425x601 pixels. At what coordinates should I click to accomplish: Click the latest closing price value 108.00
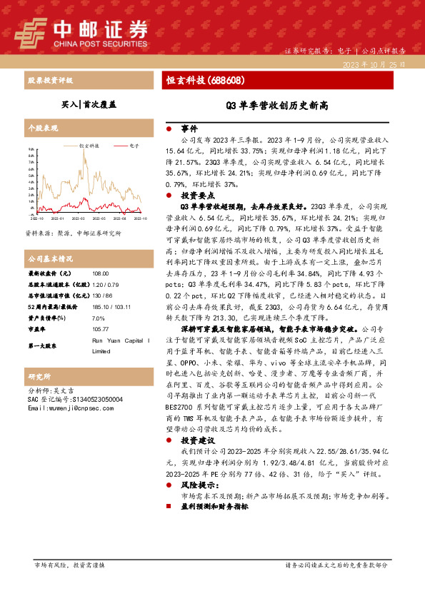click(100, 273)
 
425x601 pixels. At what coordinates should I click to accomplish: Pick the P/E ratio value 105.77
click(101, 330)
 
